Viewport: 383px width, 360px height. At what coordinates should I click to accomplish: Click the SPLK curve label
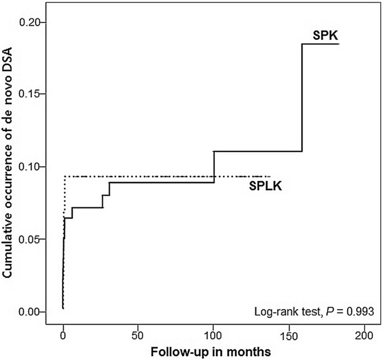tap(266, 186)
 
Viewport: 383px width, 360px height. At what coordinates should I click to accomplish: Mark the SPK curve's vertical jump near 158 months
tap(302, 98)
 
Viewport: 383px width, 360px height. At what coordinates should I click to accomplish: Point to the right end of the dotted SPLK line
tap(270, 176)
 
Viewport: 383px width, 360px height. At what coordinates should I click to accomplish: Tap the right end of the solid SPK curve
tap(339, 43)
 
